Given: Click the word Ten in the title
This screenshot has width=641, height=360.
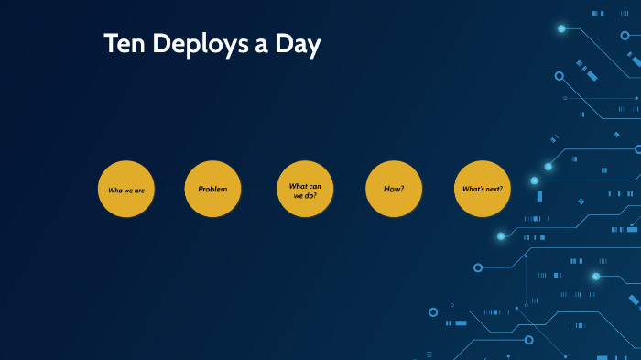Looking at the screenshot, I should (x=123, y=45).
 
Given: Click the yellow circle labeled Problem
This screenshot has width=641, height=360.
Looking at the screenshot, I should (x=212, y=189).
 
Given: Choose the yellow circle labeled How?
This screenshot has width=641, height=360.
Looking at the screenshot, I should (x=394, y=189).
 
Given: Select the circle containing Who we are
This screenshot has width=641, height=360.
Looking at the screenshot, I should (x=125, y=190).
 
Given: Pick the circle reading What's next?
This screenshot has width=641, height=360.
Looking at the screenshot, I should (x=482, y=189).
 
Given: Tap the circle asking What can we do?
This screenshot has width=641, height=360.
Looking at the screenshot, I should (x=305, y=190).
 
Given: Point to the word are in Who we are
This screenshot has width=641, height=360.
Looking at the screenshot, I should (x=138, y=191).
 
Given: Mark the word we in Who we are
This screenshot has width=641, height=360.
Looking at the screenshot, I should (x=127, y=191).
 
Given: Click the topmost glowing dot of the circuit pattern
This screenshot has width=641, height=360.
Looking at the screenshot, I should (x=561, y=28).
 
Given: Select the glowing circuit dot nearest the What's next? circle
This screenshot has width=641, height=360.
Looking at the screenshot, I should (x=534, y=180).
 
